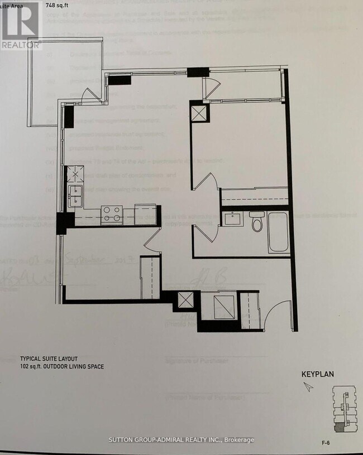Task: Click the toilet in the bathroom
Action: [256, 221]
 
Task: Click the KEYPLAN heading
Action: [317, 374]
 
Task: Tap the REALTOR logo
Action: [20, 26]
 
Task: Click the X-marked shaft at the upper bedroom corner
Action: [199, 114]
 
